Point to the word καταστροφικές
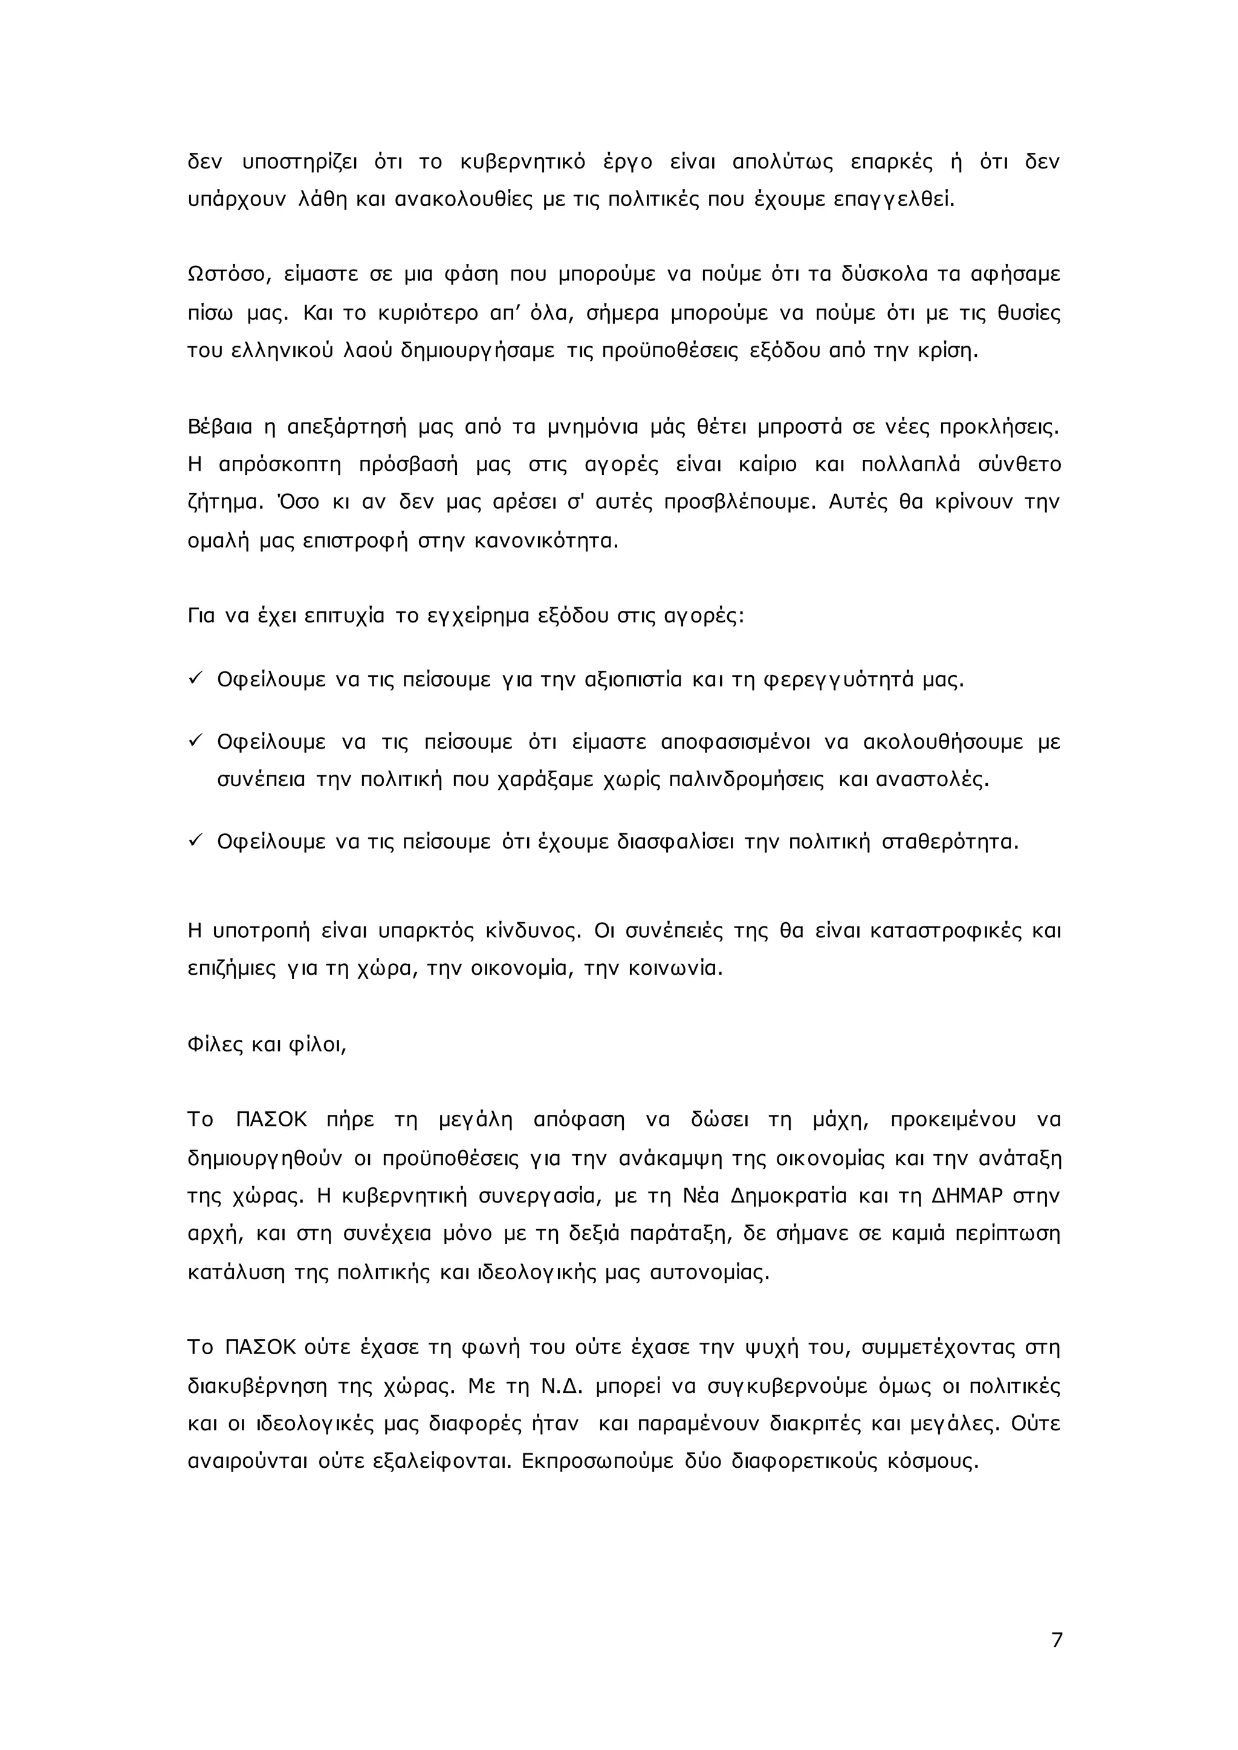pyautogui.click(x=945, y=931)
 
